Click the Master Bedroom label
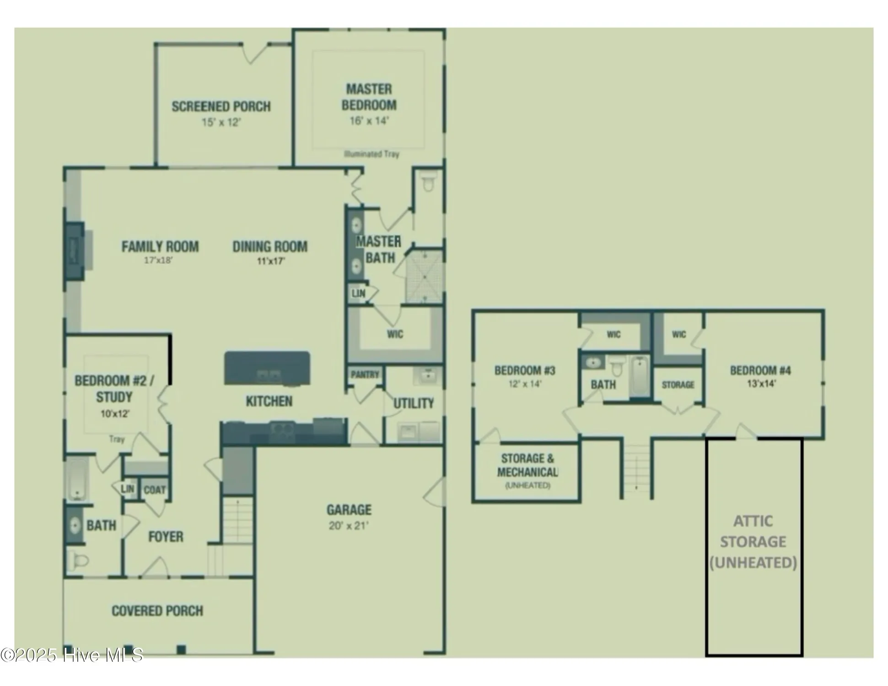point(369,96)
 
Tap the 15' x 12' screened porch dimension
point(221,123)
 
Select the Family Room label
point(160,247)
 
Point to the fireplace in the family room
point(75,251)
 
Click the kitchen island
point(267,368)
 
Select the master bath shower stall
point(424,276)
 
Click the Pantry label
point(365,375)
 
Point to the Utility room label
point(414,403)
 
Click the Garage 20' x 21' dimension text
point(349,525)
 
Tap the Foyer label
point(166,536)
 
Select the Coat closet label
point(155,490)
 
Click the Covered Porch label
point(157,611)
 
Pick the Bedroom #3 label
point(525,370)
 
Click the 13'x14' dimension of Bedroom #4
point(761,384)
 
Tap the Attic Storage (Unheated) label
point(753,542)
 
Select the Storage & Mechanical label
point(527,465)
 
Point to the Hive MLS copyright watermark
point(72,655)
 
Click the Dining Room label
point(270,247)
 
